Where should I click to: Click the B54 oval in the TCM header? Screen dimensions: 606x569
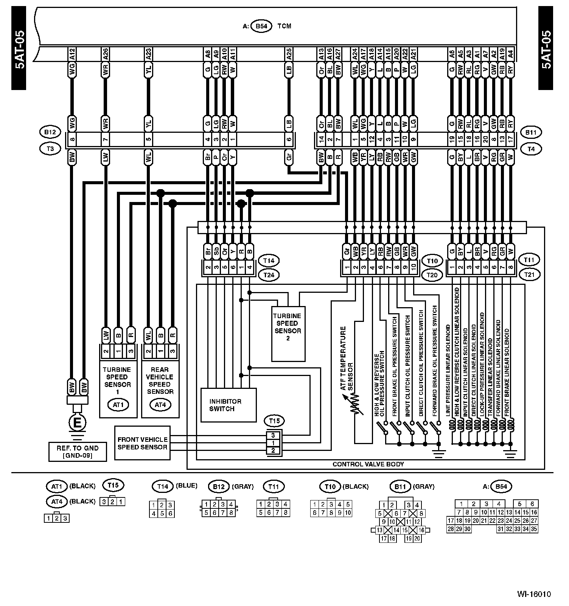(261, 26)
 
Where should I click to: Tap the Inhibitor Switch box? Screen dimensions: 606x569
(228, 405)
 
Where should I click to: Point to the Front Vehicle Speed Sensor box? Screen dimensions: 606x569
(142, 443)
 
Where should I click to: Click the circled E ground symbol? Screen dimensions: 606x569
(77, 423)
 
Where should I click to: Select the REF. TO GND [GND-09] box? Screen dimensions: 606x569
(78, 452)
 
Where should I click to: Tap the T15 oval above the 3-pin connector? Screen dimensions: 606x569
(274, 421)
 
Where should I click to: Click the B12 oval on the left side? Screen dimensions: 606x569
(50, 132)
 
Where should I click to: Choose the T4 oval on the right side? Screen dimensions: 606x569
(531, 149)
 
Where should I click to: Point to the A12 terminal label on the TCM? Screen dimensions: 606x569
(73, 54)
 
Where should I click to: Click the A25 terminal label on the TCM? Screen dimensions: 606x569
(289, 54)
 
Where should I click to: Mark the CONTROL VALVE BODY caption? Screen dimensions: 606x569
(368, 464)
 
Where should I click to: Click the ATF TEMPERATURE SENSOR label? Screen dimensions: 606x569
(347, 358)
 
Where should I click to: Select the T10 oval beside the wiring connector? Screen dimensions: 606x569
(432, 261)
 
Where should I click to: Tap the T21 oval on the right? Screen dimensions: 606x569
(529, 275)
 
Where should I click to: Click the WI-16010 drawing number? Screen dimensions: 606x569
(534, 594)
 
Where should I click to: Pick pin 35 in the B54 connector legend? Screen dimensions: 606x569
(534, 529)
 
